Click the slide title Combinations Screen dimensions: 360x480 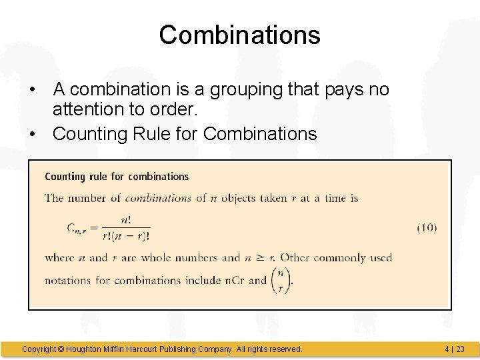click(239, 35)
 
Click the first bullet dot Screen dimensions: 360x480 click(32, 90)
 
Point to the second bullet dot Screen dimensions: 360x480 click(32, 135)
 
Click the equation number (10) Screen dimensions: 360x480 click(427, 228)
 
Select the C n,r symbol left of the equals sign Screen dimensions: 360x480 click(78, 228)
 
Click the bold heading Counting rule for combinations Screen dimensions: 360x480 click(117, 177)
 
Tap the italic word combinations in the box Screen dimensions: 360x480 click(159, 198)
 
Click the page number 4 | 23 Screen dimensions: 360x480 click(454, 349)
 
